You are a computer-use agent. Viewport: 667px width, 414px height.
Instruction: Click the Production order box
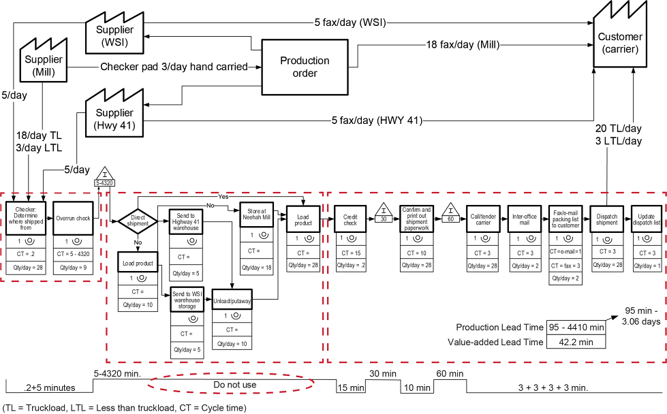tap(305, 66)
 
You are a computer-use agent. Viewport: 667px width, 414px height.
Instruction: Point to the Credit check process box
tap(350, 219)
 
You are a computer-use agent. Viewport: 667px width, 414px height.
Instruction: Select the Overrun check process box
tap(73, 218)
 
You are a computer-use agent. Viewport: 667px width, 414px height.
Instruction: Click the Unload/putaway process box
tap(232, 300)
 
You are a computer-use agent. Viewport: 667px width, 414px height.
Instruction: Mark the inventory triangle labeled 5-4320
tap(104, 177)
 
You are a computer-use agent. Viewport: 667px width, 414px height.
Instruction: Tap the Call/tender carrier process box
tap(483, 219)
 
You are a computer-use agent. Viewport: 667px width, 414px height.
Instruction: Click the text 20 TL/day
tap(617, 129)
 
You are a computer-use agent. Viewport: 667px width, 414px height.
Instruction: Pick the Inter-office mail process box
tap(524, 219)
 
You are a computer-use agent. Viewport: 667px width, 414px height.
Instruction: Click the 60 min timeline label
tap(450, 374)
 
